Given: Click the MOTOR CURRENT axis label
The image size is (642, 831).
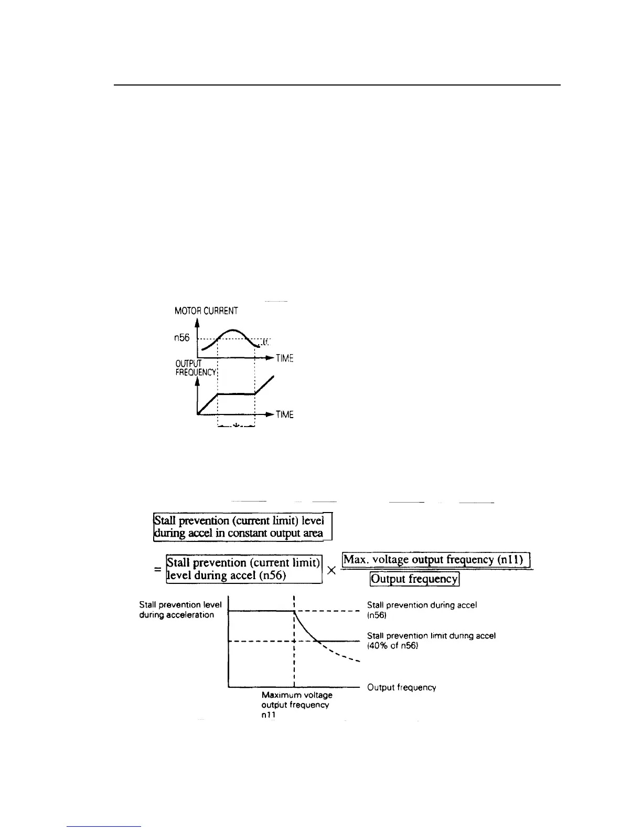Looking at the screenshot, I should (206, 311).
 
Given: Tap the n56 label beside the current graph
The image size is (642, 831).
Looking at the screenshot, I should (181, 338).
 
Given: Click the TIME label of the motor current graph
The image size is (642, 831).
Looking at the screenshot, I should (284, 359).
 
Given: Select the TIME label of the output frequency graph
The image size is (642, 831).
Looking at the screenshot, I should (284, 415).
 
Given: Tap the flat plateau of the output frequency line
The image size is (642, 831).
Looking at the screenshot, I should (236, 393).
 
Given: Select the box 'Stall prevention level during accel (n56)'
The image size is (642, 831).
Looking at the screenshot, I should (243, 569).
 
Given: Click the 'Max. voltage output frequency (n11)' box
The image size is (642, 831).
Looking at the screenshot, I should (436, 560).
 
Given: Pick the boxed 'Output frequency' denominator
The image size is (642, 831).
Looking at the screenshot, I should (414, 579).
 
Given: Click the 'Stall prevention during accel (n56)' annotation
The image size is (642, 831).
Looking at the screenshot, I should (422, 610).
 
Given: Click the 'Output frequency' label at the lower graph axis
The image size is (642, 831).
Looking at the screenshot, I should (402, 687).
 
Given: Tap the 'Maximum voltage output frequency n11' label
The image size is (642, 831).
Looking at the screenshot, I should (296, 705).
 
